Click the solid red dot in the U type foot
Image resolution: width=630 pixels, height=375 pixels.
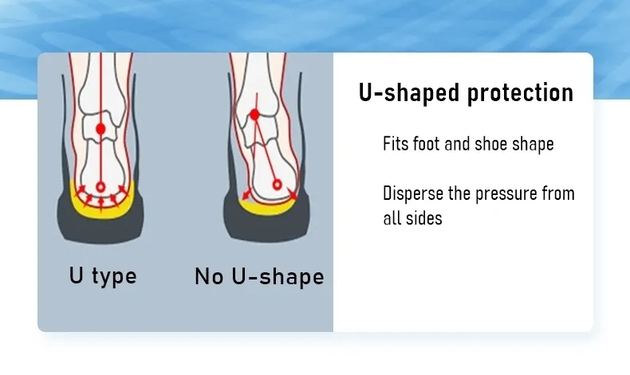[100, 129]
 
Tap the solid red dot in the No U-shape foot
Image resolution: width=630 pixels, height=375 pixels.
[254, 115]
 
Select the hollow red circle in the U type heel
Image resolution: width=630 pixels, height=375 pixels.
[100, 187]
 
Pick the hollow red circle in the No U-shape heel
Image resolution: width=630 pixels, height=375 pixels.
[277, 185]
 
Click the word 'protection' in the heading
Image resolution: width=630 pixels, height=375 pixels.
[520, 93]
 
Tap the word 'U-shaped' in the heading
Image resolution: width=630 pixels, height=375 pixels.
[409, 93]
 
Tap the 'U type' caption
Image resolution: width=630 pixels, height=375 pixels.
[103, 276]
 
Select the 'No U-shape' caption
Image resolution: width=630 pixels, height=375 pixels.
[259, 277]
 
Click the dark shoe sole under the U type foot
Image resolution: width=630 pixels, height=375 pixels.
[100, 229]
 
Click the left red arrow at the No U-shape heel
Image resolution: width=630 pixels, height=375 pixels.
[246, 194]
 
